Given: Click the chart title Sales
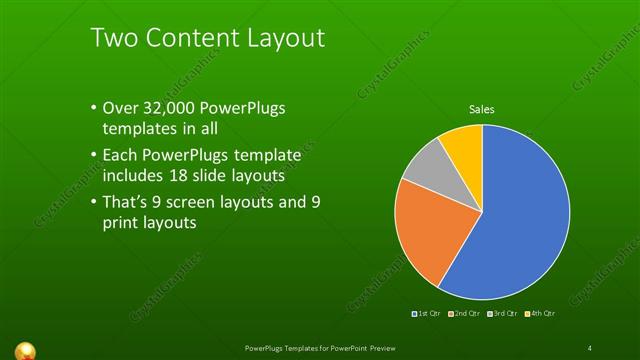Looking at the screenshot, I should pos(482,109).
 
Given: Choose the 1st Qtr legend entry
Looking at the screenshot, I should pos(429,314).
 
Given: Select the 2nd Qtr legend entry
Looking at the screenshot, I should pos(466,314).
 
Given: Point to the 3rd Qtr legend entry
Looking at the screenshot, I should pos(503,314).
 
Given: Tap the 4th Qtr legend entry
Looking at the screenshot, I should pos(540,314).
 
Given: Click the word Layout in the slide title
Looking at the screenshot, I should pos(280,39).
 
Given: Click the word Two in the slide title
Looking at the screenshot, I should pos(113,39).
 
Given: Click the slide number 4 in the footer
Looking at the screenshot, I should pos(590,347).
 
